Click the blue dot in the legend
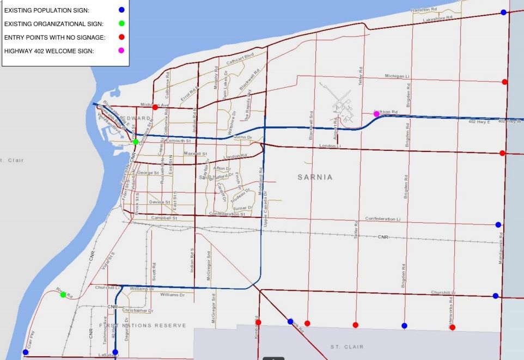tap(121, 10)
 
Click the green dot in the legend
tap(121, 23)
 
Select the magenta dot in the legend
tap(121, 51)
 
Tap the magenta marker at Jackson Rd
tap(376, 114)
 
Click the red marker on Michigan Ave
tap(155, 107)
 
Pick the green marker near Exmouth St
tap(136, 142)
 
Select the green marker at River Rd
tap(63, 295)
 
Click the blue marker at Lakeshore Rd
tap(503, 12)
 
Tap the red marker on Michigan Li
tap(505, 82)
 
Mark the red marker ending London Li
tap(502, 153)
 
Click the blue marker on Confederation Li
tap(498, 224)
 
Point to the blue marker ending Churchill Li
tap(495, 296)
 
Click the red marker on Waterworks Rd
tap(453, 327)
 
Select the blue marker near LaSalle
tap(115, 352)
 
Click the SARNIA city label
tap(315, 178)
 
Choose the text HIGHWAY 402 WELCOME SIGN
tap(49, 51)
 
